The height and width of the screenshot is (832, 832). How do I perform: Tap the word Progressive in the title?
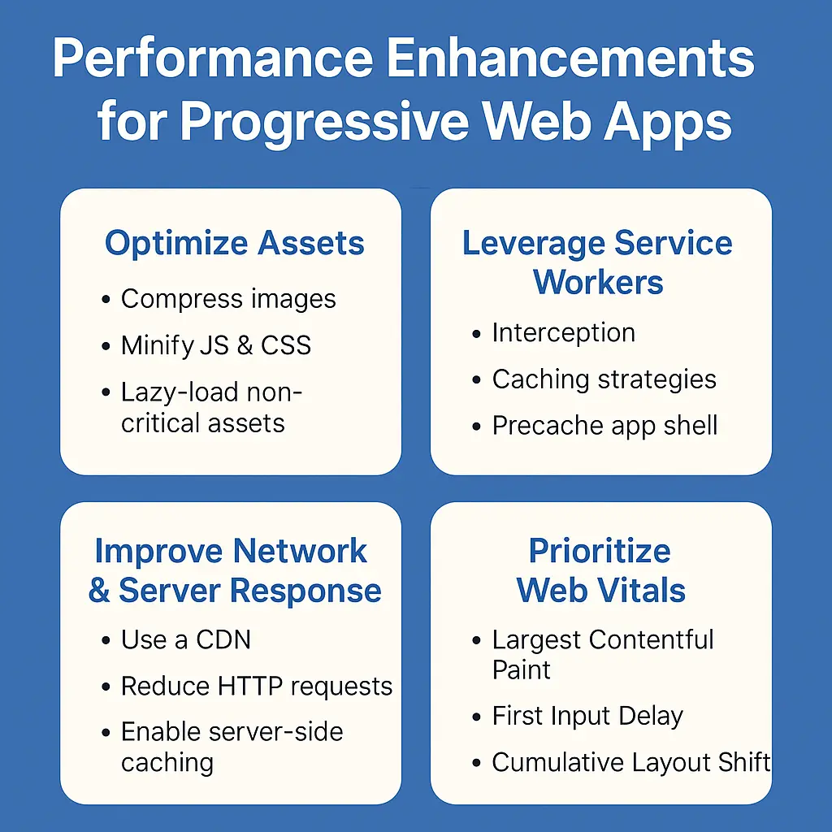coord(323,122)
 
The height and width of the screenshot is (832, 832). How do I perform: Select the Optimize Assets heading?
coord(235,243)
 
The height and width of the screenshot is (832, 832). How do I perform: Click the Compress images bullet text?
coord(228,299)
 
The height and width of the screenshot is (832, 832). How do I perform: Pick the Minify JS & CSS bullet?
coord(216,345)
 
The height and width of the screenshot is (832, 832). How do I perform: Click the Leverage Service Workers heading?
coord(598,262)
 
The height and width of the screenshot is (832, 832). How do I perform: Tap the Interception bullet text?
coord(563,333)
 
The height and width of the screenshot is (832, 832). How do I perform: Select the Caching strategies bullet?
coord(604,379)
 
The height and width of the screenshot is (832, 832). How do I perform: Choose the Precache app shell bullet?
coord(604,426)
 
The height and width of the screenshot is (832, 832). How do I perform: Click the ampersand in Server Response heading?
coord(99,591)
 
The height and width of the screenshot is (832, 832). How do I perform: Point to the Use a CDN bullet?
coord(186,639)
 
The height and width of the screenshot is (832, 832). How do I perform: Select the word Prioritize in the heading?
coord(600,551)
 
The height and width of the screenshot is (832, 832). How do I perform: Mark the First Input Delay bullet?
coord(587,716)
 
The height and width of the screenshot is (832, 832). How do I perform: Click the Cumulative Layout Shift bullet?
coord(630,763)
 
